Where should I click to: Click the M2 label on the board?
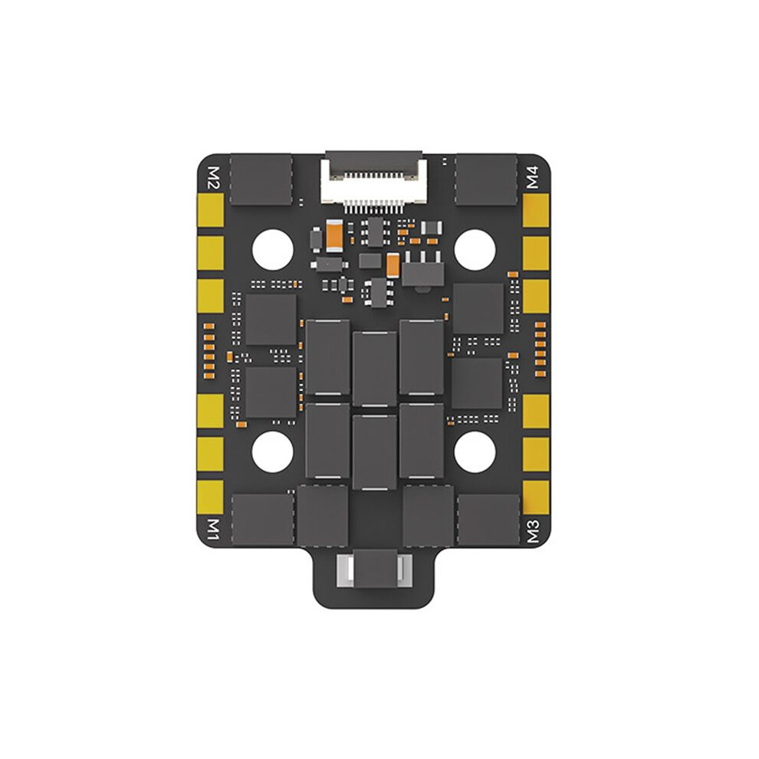pos(213,178)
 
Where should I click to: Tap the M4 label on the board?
pos(533,177)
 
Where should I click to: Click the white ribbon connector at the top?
pos(373,182)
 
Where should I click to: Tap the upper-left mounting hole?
pos(273,250)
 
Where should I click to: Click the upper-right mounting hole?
pos(475,250)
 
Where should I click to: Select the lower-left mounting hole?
pos(272,452)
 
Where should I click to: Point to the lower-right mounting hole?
pos(475,452)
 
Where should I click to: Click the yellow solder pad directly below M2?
pos(211,210)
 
